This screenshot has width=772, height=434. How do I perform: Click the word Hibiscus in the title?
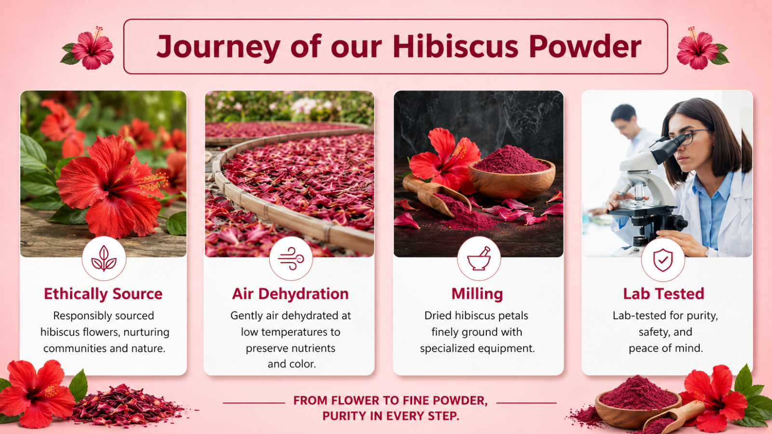point(455,46)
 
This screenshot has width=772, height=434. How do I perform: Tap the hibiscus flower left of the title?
point(89,48)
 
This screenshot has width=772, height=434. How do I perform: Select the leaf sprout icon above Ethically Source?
point(104,258)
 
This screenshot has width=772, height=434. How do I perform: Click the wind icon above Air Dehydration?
point(291,258)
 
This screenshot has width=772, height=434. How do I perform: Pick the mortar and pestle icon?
point(479,258)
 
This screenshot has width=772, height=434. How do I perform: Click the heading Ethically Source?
point(103,294)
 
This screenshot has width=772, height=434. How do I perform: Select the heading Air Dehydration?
point(290,294)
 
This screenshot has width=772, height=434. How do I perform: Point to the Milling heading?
point(477,294)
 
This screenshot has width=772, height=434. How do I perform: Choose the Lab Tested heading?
point(663,294)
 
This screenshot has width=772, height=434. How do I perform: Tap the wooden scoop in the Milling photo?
point(436,195)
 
